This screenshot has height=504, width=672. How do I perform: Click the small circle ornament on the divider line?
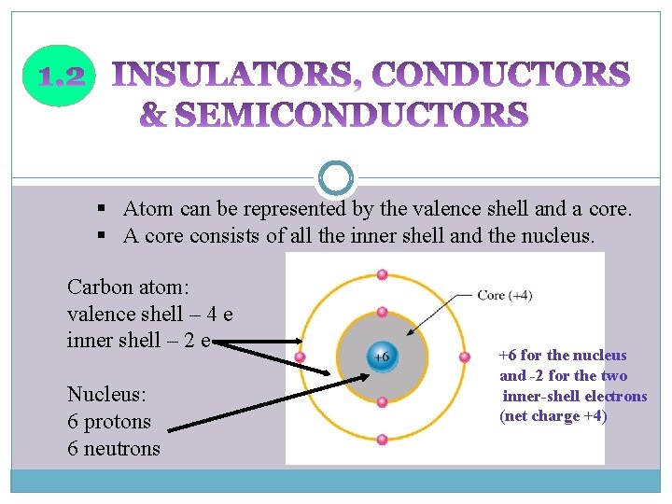pyautogui.click(x=336, y=177)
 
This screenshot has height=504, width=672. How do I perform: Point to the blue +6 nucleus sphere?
pyautogui.click(x=382, y=357)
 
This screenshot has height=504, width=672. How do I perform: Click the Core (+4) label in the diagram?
pyautogui.click(x=504, y=296)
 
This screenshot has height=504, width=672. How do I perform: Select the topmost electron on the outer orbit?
pyautogui.click(x=382, y=274)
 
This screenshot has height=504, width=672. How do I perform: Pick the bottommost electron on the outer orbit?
pyautogui.click(x=382, y=440)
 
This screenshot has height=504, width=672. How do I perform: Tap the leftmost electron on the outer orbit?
pyautogui.click(x=300, y=357)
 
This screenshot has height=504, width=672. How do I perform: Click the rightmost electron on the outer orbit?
pyautogui.click(x=464, y=357)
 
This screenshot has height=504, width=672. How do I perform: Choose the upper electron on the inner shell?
pyautogui.click(x=382, y=312)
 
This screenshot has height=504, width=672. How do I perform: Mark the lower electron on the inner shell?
pyautogui.click(x=382, y=402)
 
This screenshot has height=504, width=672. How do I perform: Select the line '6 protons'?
pyautogui.click(x=109, y=421)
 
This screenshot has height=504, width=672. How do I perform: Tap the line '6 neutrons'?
pyautogui.click(x=114, y=448)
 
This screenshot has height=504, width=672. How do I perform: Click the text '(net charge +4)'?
pyautogui.click(x=553, y=416)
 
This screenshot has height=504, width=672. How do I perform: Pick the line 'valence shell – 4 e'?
pyautogui.click(x=149, y=314)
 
